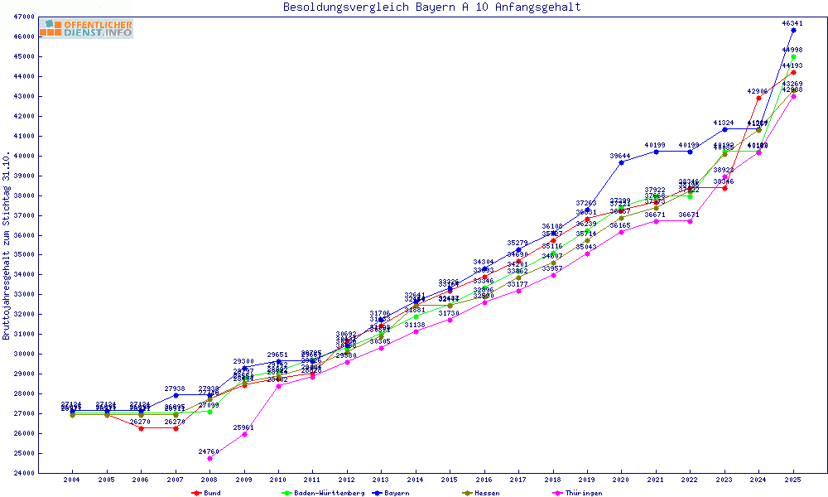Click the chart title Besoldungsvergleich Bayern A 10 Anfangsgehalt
(x=431, y=7)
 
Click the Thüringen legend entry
(x=582, y=493)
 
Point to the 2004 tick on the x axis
(x=72, y=480)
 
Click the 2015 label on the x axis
(x=450, y=480)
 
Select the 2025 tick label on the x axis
(x=793, y=480)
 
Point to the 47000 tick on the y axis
(x=23, y=17)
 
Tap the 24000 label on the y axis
(x=23, y=473)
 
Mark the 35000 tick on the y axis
(x=23, y=254)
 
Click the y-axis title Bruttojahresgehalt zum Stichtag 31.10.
(x=7, y=246)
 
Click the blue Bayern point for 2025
(x=793, y=30)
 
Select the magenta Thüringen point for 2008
(x=209, y=458)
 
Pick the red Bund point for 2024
(x=758, y=98)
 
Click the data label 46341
(x=793, y=23)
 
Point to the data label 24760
(x=209, y=451)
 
